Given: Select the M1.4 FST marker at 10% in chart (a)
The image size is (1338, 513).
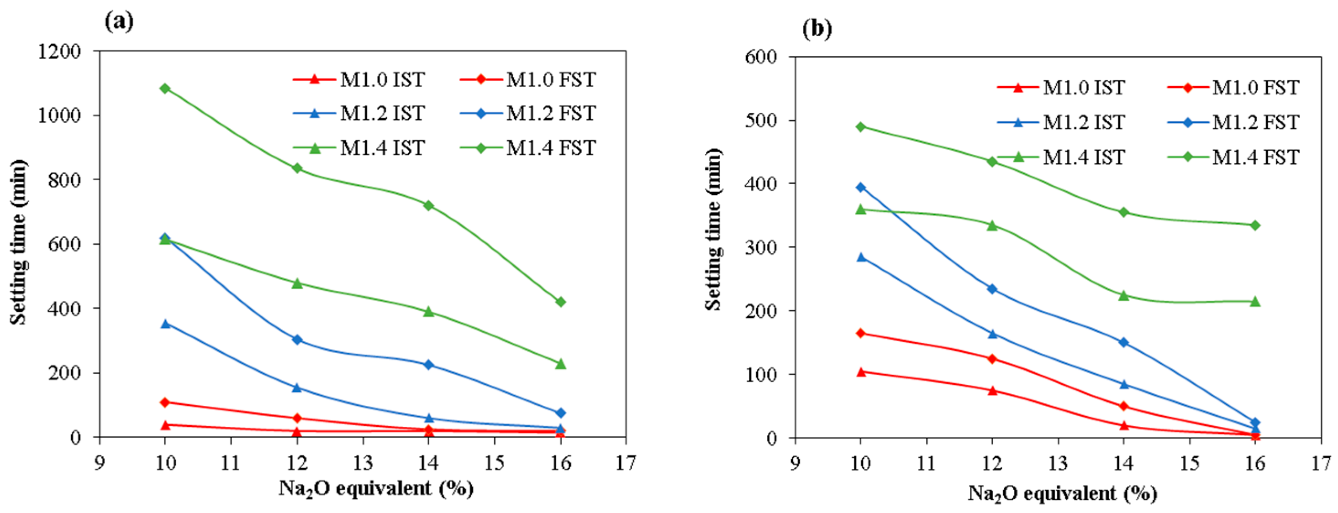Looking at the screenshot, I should [x=165, y=88].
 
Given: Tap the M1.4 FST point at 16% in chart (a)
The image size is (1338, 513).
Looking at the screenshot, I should [x=560, y=302].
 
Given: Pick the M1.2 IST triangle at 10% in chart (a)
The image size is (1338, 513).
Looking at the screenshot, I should [x=165, y=324].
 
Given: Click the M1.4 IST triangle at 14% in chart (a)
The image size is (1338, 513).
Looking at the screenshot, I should [x=428, y=312].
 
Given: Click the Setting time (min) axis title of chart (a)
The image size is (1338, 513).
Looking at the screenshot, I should [x=19, y=242].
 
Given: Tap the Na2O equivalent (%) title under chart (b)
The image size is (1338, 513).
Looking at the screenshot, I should [x=1062, y=493].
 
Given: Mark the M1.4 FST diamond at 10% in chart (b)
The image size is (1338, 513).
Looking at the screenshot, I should [x=861, y=127].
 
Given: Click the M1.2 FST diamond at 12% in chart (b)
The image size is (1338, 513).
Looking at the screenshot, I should [x=992, y=289].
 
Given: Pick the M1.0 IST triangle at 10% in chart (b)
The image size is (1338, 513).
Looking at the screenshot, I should [x=861, y=372].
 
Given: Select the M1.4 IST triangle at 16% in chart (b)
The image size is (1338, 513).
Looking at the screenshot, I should [x=1255, y=301].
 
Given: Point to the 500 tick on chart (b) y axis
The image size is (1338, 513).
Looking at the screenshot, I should [x=761, y=120].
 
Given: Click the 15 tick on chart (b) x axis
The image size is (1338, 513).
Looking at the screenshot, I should [x=1190, y=463].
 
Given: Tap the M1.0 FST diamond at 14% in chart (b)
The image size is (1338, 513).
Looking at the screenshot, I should [x=1123, y=406].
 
